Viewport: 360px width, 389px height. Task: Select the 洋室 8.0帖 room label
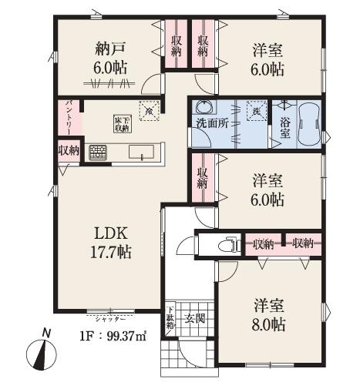269,314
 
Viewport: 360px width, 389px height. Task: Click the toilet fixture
227,246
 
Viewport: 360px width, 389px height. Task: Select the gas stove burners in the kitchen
98,152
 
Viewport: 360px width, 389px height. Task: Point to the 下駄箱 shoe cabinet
170,317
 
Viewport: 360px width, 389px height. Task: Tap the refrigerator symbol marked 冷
147,110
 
